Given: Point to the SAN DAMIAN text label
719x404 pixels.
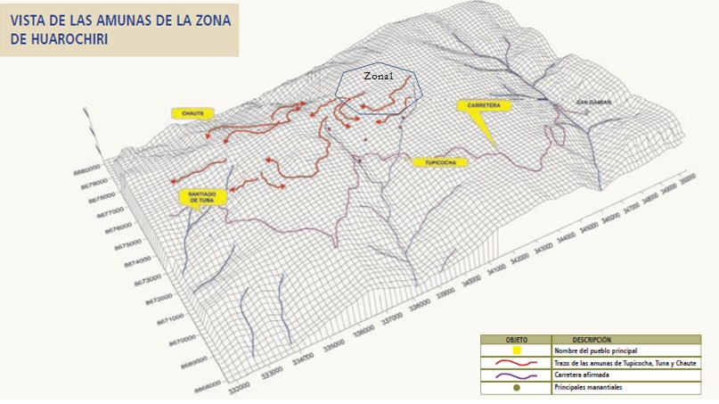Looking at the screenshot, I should point(592,102).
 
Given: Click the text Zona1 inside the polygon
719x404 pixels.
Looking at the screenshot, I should point(378,78).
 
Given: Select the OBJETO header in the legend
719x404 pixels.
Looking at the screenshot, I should point(517,340).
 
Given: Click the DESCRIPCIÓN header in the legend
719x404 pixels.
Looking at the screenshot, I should point(592,340).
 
